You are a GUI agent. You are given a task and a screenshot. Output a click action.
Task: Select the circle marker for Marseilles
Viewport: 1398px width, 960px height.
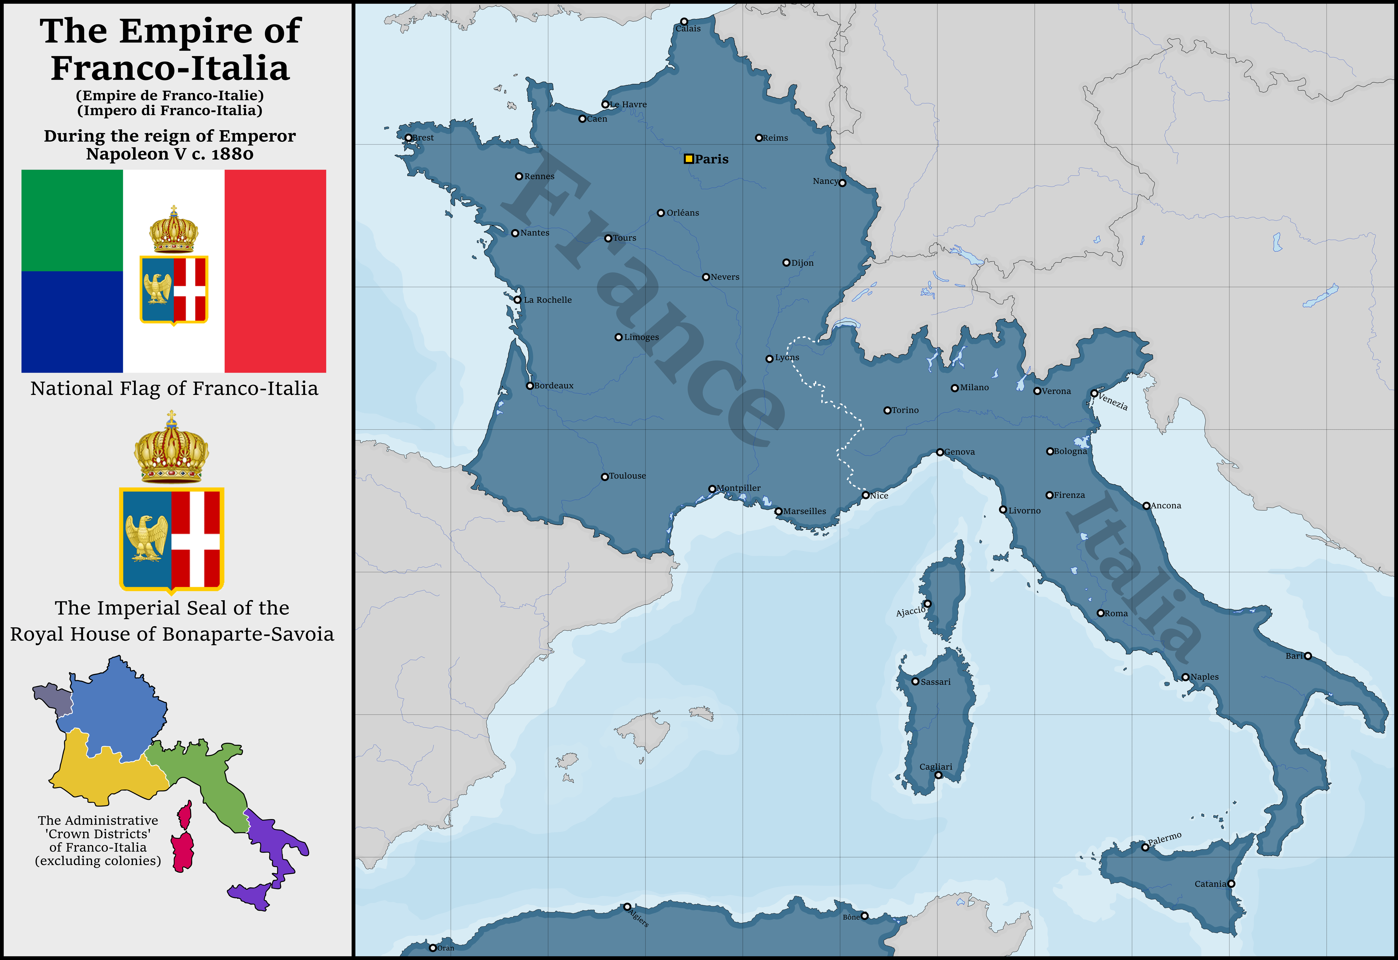coord(778,511)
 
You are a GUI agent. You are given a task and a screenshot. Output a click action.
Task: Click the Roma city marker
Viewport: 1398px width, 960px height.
coord(1100,613)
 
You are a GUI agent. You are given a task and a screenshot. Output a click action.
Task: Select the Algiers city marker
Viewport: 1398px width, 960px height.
coord(627,907)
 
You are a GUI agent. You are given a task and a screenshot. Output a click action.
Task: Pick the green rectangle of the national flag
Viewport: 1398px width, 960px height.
coord(72,220)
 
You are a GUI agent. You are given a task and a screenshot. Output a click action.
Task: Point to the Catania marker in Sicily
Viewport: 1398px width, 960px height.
coord(1231,884)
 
